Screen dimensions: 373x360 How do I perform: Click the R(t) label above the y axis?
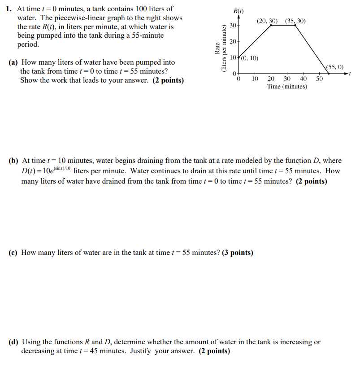tap(239, 11)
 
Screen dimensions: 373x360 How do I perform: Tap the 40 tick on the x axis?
tap(303, 79)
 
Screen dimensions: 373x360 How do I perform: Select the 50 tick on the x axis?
tap(319, 79)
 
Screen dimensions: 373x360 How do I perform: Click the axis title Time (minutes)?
tap(287, 86)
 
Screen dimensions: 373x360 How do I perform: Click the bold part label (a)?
tap(14, 62)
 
